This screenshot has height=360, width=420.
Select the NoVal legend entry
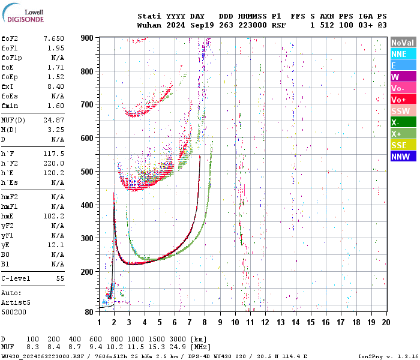pos(403,43)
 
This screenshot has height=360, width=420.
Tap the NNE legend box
pos(403,54)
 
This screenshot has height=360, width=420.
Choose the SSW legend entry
pos(403,111)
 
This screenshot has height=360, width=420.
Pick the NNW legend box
pos(403,157)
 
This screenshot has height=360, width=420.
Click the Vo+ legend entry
pos(403,100)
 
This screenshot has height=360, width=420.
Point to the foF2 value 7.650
pos(53,38)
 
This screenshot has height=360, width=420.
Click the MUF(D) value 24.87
pos(53,121)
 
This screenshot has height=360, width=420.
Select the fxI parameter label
pos(8,86)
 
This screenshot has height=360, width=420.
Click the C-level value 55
pos(60,278)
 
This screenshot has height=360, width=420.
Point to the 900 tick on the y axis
pos(88,38)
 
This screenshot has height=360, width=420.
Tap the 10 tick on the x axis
pos(235,322)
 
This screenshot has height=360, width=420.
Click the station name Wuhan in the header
pos(148,25)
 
